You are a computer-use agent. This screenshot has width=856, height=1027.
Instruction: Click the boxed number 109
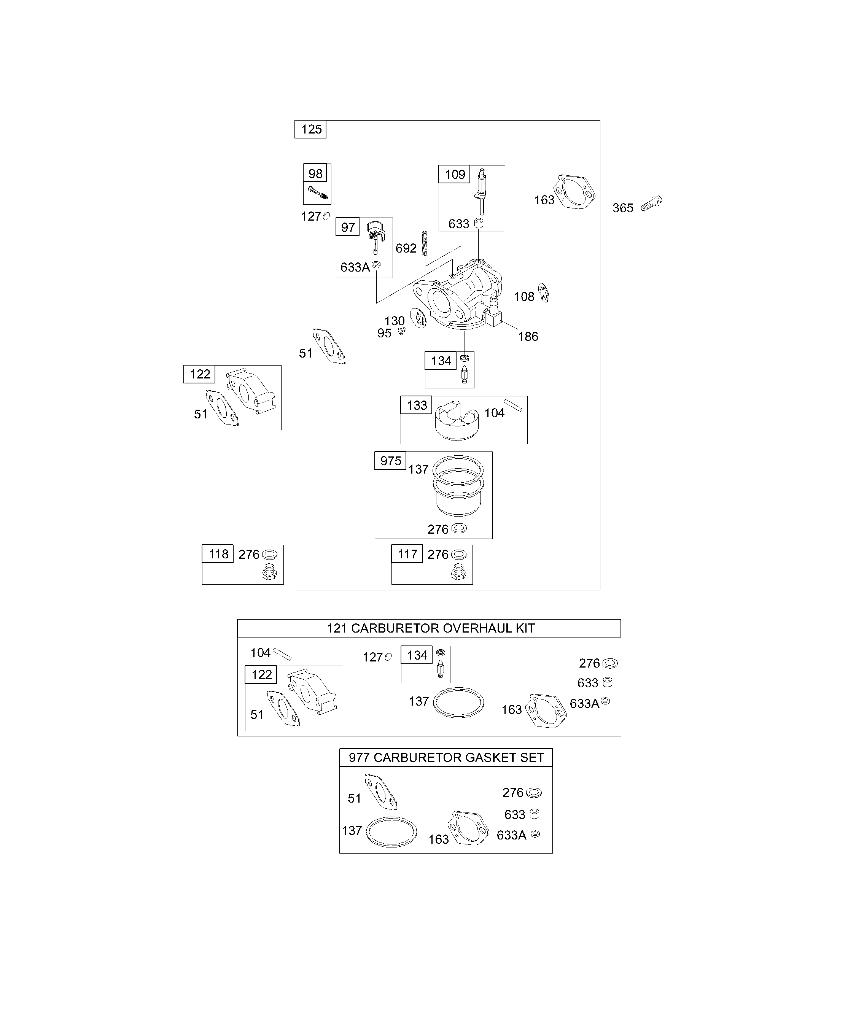[454, 174]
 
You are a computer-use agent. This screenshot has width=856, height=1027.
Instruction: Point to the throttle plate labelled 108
[543, 293]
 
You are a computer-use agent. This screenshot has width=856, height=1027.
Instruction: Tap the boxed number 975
[390, 461]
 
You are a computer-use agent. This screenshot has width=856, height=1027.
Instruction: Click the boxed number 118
[218, 554]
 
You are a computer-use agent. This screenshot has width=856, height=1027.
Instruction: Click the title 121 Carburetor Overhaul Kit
[430, 628]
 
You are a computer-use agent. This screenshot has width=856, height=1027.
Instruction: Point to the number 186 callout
[528, 337]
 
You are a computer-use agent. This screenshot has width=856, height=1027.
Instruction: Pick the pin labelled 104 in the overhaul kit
[282, 654]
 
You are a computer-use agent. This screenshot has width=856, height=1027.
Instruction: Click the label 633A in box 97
[355, 267]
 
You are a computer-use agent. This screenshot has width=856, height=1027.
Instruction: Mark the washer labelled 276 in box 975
[459, 528]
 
